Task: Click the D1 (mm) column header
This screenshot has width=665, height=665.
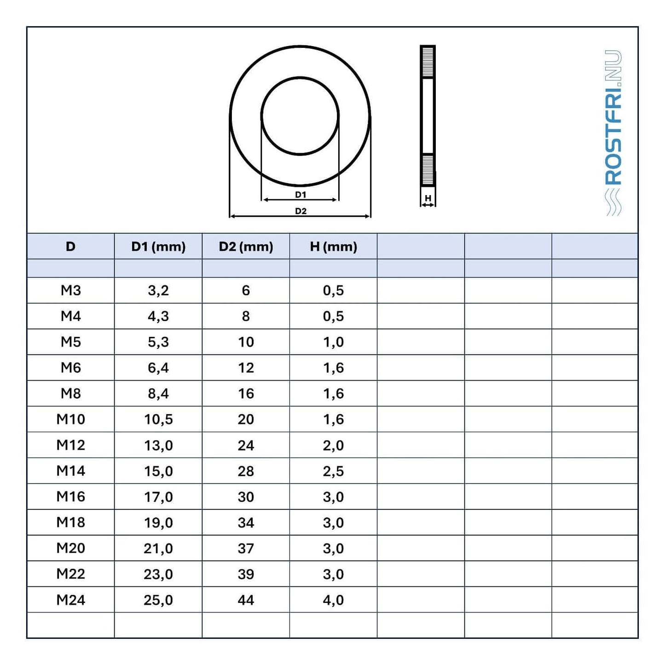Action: point(158,247)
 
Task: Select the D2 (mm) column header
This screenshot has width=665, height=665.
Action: point(246,247)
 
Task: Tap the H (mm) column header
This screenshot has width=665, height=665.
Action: point(333,247)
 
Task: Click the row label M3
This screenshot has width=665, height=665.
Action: point(70,290)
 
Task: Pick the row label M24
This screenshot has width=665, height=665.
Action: point(70,600)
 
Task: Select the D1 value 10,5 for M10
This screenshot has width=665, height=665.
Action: point(158,419)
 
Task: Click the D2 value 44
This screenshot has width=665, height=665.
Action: point(246,600)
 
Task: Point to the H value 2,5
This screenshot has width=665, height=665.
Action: point(333,471)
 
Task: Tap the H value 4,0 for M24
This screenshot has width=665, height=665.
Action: point(333,600)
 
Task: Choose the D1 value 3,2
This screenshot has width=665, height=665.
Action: point(158,290)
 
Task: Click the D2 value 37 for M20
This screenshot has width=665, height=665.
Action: point(246,548)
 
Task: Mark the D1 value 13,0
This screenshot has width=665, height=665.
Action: point(158,445)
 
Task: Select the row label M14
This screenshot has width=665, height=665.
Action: point(70,471)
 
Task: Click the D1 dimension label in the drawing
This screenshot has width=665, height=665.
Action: point(301,195)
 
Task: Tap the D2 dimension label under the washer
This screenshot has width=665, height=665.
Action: point(301,211)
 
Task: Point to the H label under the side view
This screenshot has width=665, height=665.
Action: point(428,198)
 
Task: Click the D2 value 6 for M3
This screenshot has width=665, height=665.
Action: point(246,290)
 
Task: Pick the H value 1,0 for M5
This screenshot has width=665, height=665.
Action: point(333,342)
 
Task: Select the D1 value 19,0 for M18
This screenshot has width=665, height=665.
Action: point(158,522)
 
